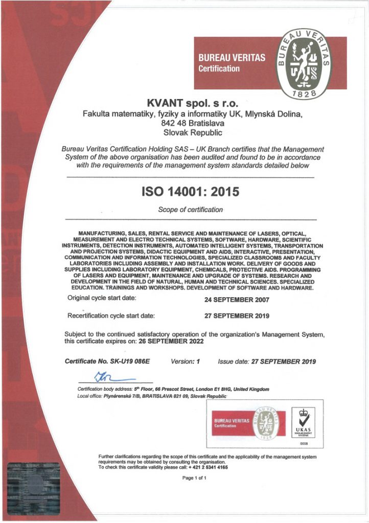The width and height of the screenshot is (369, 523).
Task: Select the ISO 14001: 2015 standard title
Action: (190, 192)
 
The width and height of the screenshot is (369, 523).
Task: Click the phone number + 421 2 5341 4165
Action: (208, 467)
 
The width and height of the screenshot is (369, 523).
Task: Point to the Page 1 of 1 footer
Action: (194, 478)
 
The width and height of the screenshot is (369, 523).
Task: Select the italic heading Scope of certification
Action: (190, 209)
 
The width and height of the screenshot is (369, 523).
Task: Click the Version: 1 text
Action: (184, 361)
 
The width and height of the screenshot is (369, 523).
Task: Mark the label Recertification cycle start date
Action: (111, 316)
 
